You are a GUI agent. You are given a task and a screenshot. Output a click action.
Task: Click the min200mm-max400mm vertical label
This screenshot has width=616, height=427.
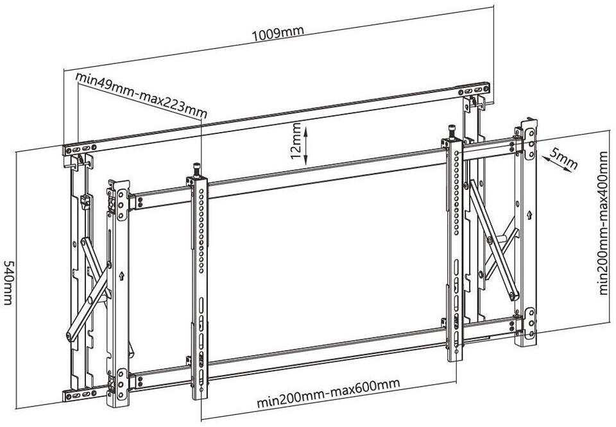coord(603,222)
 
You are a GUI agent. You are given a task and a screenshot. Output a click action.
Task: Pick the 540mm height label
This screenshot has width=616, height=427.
coord(10,282)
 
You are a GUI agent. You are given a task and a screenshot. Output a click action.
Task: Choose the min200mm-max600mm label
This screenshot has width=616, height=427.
coord(328,394)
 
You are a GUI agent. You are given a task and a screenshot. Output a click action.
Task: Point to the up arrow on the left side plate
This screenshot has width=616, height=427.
coord(121,278)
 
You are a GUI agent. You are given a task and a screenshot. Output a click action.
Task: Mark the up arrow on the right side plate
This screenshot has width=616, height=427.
coord(527,213)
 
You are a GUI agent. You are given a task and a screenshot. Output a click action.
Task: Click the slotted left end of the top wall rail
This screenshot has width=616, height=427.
coord(80,149)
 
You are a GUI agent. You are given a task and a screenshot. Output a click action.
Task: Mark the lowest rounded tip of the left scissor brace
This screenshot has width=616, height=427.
coord(71,334)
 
